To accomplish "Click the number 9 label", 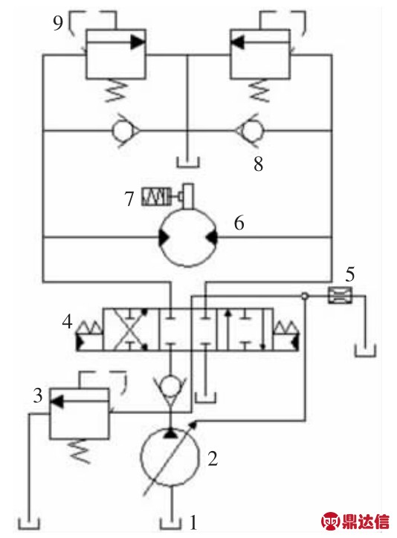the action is pos(58,23).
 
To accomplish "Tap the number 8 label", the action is pos(259,163).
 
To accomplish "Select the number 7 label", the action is pos(129,198).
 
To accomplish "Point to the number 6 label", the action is pos(239,223).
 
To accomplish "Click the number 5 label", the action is pos(349,274).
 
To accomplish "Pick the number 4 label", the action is pos(67,323).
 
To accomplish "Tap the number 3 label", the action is pos(38,395).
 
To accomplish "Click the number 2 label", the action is pos(213,458).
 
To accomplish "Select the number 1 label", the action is pos(193,522).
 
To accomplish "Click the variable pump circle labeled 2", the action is pos(170,456).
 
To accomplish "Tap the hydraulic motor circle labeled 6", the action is pos(187,237).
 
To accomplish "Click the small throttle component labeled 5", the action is pos(340,296).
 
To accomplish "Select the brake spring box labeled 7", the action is pos(156,197).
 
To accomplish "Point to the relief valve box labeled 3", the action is pos(80,413).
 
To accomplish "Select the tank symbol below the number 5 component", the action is pos(365,351).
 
